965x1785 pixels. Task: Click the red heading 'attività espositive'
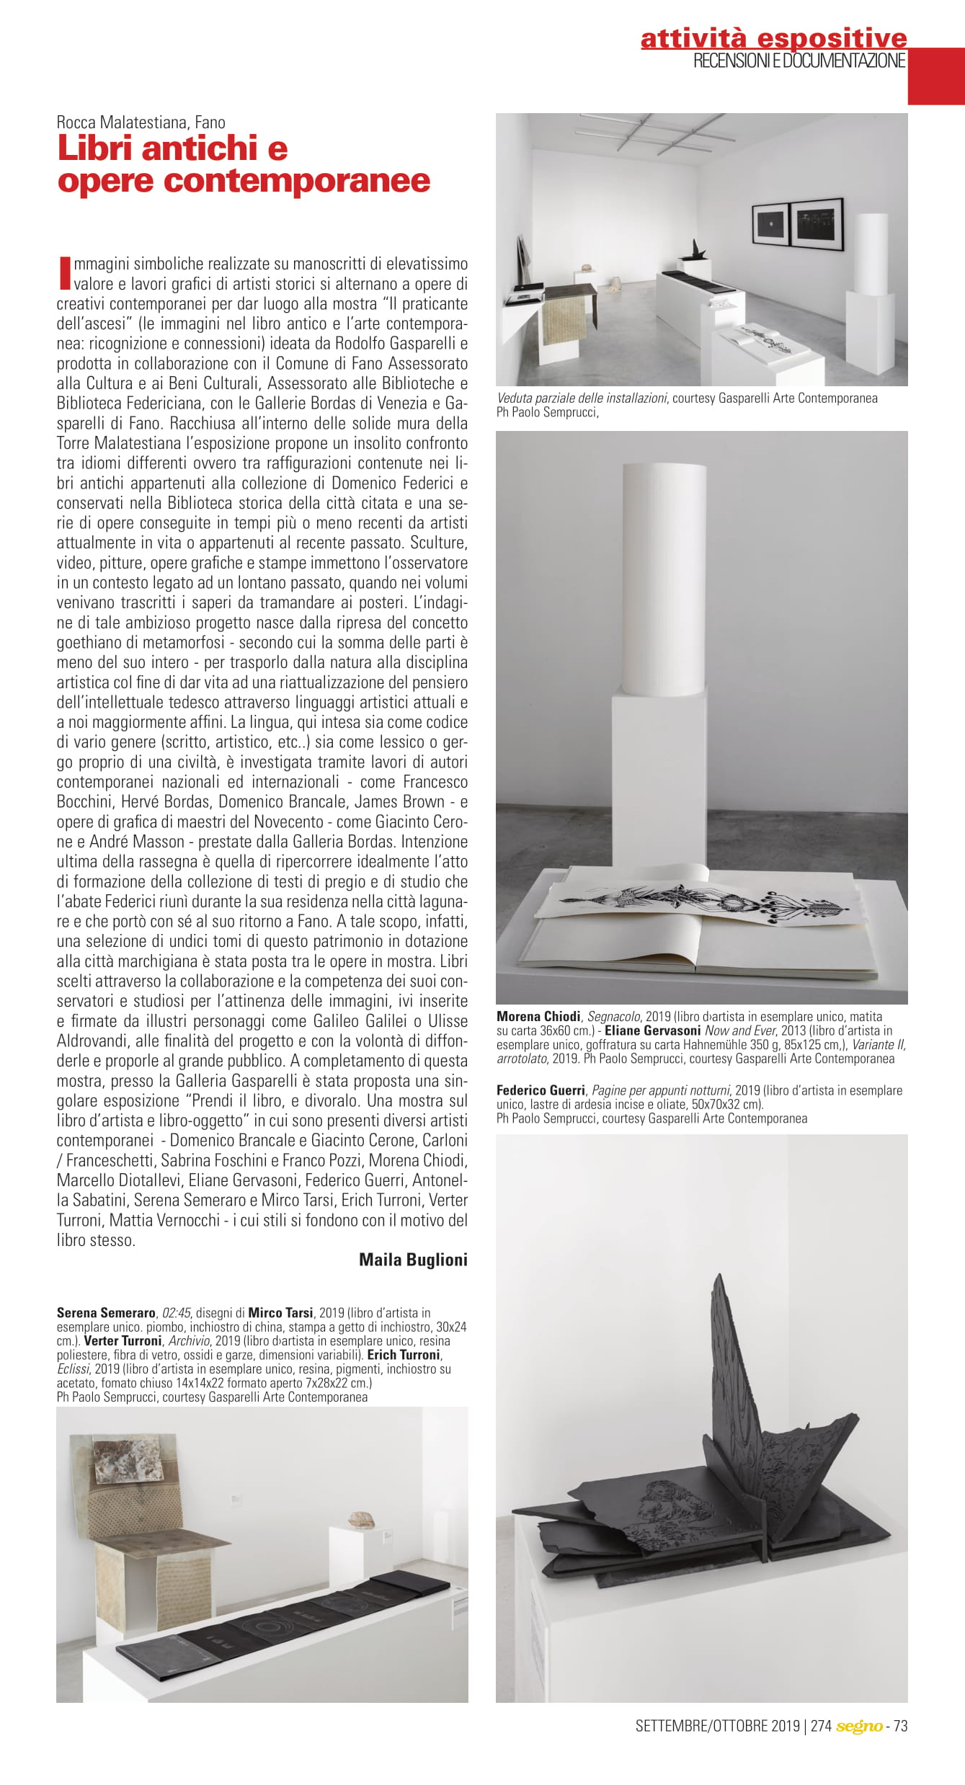773,37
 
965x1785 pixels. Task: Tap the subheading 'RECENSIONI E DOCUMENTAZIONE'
799,61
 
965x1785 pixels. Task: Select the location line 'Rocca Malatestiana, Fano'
141,122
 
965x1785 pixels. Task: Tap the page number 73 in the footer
900,1726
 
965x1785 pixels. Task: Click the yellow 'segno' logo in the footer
859,1726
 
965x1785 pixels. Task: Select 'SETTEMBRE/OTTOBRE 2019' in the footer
717,1726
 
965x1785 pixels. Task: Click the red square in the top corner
935,76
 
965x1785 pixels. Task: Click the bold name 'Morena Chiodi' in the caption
538,1016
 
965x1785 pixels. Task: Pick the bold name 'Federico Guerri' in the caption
541,1090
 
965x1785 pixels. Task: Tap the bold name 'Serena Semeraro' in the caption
106,1312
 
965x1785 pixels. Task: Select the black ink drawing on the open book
703,898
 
